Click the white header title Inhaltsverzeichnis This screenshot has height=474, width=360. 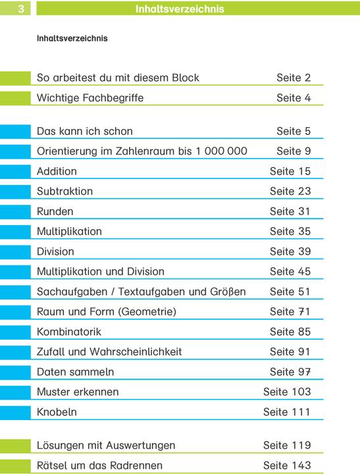click(179, 9)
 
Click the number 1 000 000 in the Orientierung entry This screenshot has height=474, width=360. click(221, 151)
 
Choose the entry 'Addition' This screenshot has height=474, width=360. click(57, 171)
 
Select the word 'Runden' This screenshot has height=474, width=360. click(55, 211)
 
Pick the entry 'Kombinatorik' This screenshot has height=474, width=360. click(69, 332)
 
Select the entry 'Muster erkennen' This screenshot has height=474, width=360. click(78, 392)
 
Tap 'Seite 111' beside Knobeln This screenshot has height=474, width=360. click(286, 413)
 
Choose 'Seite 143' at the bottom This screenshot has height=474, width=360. click(286, 465)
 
